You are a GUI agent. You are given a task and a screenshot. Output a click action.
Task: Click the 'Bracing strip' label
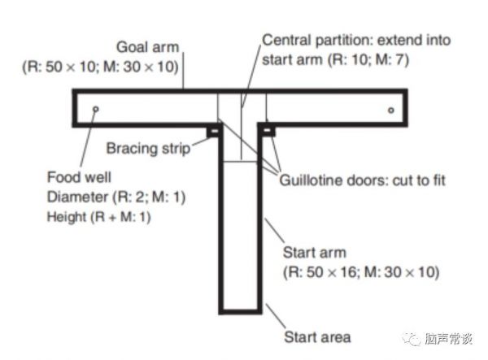click(148, 149)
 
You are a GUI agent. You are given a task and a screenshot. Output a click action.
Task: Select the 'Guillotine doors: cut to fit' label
click(363, 179)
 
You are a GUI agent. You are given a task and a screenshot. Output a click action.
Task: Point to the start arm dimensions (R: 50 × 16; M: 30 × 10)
click(360, 272)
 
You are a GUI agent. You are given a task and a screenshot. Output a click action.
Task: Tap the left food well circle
click(96, 109)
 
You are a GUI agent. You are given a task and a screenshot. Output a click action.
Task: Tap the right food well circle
click(391, 110)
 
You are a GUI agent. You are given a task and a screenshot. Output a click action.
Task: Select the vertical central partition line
click(241, 130)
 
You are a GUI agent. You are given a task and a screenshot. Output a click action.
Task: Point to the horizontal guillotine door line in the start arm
click(241, 161)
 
